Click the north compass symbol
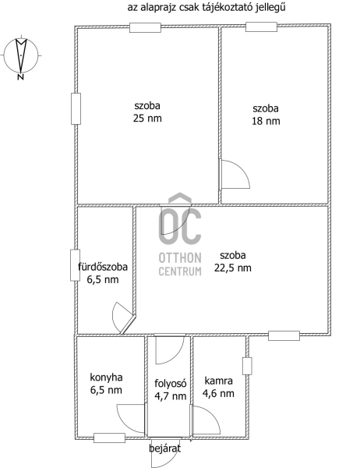coord(21,56)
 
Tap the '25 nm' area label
coord(147,119)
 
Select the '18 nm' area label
coord(266,121)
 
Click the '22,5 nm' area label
coord(233,268)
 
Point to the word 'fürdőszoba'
coord(103,267)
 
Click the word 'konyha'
coord(106,378)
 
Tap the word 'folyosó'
coord(171,383)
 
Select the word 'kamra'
coord(218,381)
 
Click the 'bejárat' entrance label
coord(164,448)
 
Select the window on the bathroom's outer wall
coord(75,265)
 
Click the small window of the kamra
coord(247,366)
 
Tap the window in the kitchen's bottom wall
coord(109,438)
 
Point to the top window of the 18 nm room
coord(261,27)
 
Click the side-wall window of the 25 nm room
coord(76,108)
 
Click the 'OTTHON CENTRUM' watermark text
coord(180,264)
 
